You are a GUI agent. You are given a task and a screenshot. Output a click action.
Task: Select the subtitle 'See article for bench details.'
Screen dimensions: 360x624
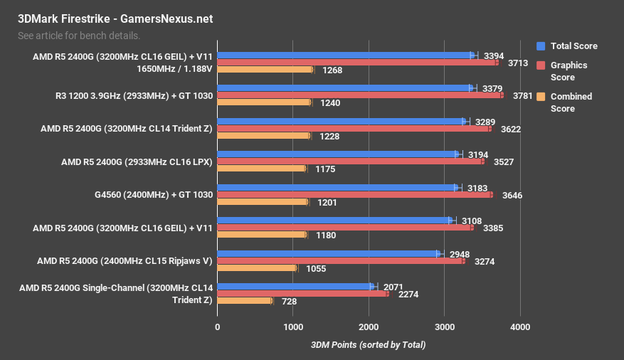pos(78,35)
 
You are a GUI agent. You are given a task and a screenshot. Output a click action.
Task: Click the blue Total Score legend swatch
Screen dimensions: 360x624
pos(541,46)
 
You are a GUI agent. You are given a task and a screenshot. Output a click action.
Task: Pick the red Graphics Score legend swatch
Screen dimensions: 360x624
pos(541,65)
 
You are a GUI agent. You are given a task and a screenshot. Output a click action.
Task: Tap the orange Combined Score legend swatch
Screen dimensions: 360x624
pos(541,97)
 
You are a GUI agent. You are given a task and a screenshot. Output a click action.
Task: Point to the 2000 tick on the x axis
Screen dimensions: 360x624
pos(369,327)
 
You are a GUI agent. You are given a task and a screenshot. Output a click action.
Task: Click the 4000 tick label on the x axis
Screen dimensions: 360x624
pos(520,327)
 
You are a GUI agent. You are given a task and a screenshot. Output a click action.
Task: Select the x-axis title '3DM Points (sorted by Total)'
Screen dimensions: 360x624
pos(368,345)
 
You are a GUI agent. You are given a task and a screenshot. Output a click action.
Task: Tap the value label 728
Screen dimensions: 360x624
pos(288,301)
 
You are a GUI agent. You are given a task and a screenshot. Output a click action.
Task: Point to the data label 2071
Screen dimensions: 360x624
pos(393,287)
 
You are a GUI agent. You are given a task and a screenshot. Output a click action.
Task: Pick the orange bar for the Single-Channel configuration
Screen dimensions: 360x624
pos(244,301)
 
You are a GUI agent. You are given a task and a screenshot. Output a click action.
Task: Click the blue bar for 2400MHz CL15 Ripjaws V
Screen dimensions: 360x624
pos(329,253)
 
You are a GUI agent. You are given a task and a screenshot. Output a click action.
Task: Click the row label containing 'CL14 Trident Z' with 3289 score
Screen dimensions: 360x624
pos(136,129)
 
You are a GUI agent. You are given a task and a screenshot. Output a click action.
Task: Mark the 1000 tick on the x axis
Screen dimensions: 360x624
pos(293,327)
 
